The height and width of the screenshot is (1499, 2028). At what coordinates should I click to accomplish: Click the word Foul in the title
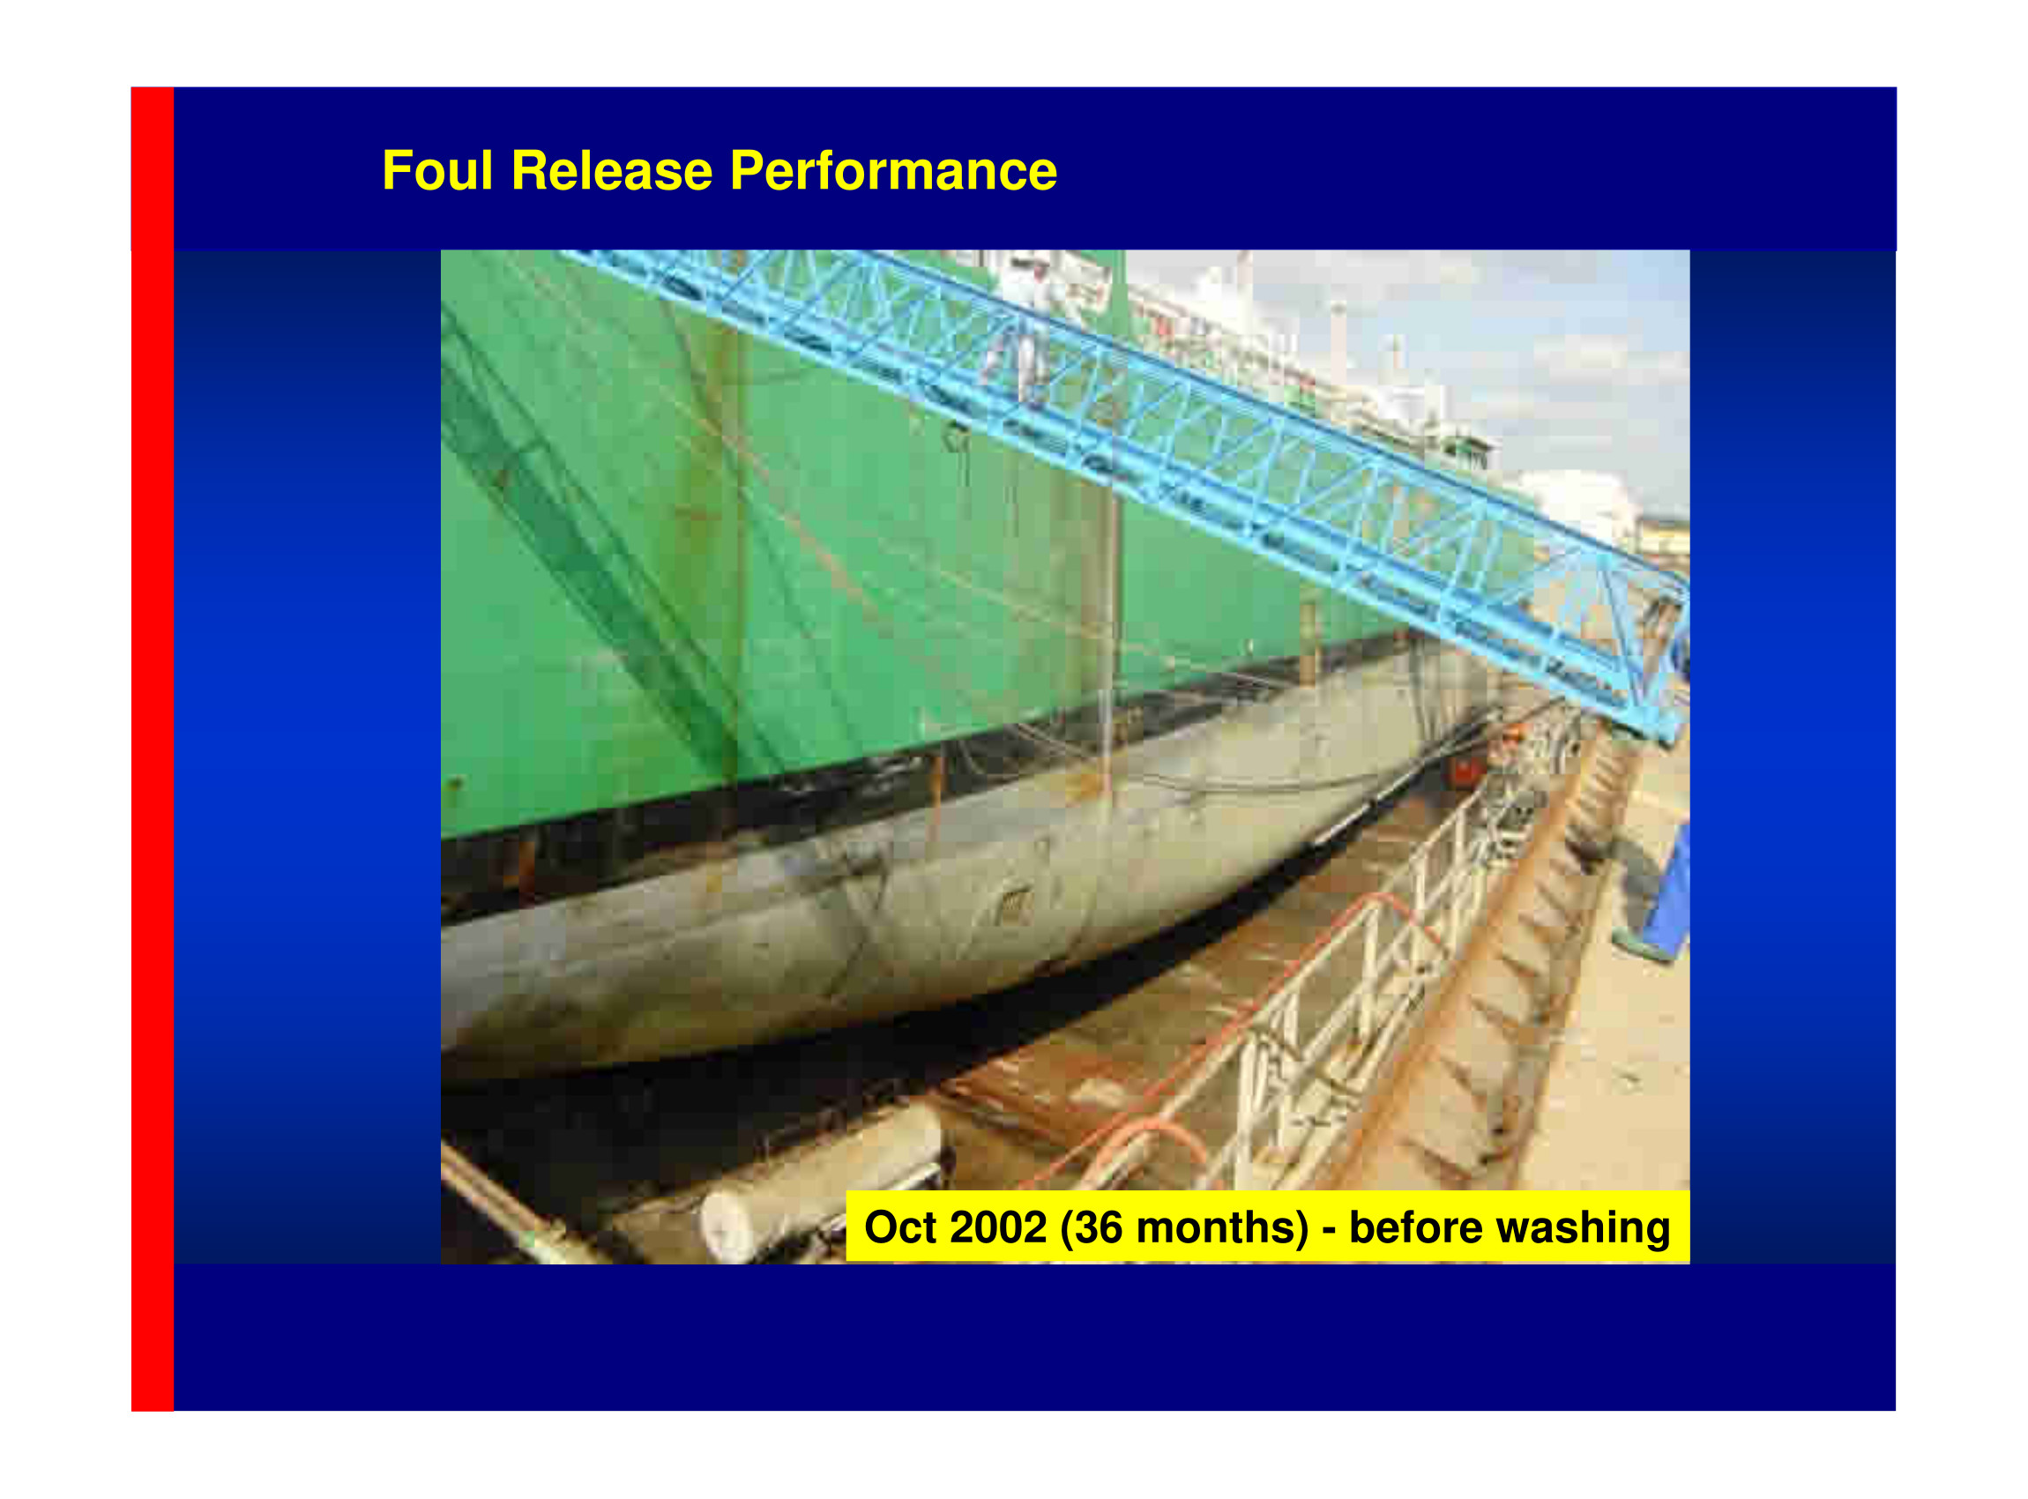coord(437,170)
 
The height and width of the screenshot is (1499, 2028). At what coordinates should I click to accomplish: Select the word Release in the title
coord(612,170)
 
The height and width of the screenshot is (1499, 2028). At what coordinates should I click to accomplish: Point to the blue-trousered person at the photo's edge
coord(1657,898)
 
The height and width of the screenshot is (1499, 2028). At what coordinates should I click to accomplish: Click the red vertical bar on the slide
coord(153,749)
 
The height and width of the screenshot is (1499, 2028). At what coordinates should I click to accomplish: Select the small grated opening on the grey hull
coord(1016,905)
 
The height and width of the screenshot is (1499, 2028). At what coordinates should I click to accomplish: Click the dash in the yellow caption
coord(1329,1230)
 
